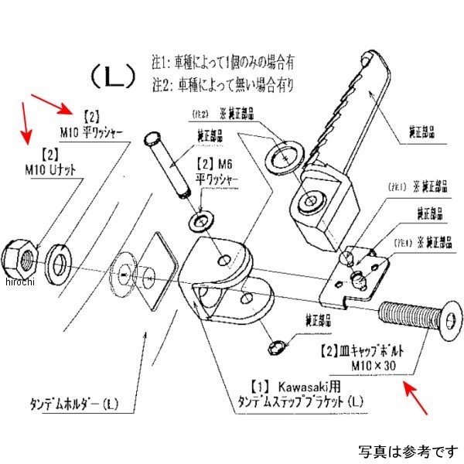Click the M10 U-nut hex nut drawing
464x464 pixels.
[x=20, y=256]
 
